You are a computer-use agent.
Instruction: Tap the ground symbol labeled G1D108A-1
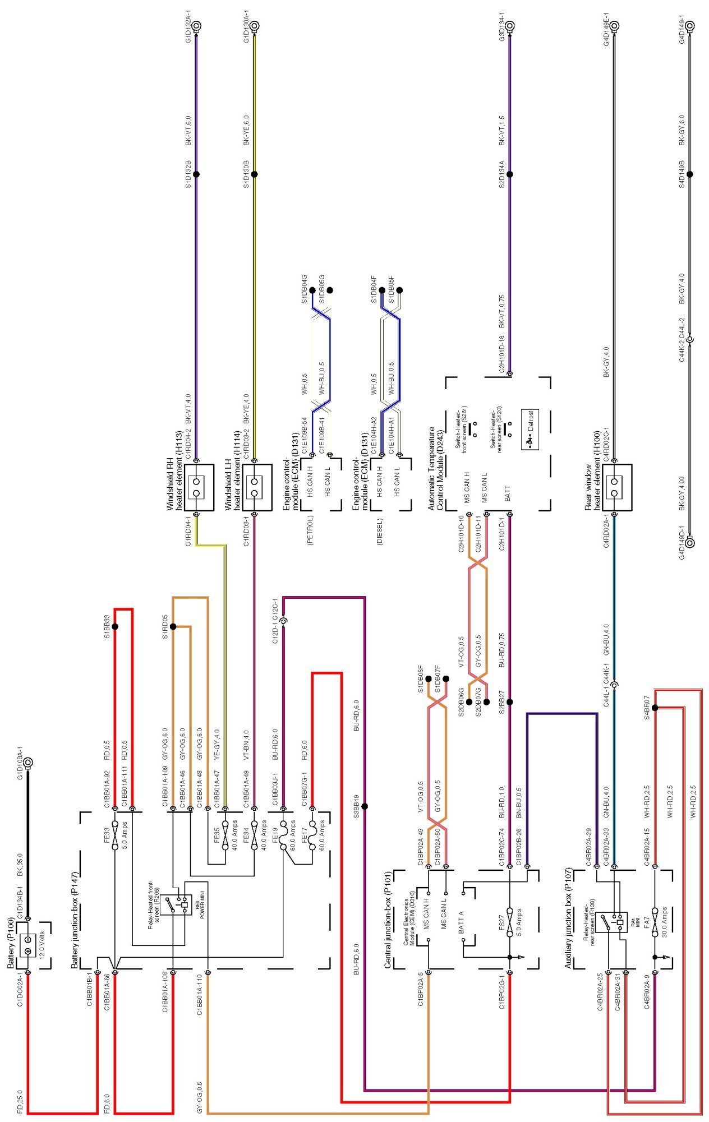coord(27,763)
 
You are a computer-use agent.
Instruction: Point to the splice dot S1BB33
coord(115,626)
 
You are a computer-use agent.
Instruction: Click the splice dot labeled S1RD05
coord(173,626)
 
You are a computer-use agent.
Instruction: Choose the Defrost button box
coord(530,421)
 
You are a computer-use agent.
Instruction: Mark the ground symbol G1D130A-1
coord(254,26)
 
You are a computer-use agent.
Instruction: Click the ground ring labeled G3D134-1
coord(509,26)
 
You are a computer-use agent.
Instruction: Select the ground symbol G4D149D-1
coord(689,542)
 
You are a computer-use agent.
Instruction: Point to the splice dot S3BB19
coord(365,806)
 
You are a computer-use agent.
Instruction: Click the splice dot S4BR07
coord(655,708)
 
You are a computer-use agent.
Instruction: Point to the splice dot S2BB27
coord(509,701)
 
